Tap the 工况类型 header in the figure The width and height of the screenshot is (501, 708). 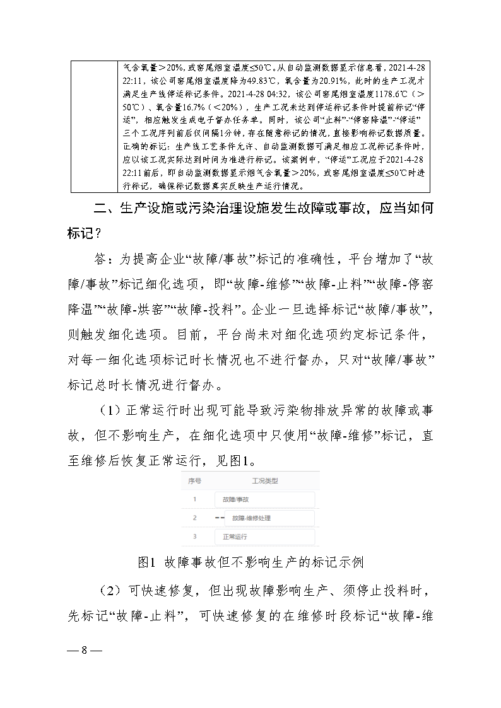coord(264,480)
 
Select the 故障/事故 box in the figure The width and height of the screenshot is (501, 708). coord(264,500)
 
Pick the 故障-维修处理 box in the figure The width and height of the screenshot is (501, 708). coord(269,518)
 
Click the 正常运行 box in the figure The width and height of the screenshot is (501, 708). coord(264,537)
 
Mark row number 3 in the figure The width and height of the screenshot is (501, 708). coord(195,537)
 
